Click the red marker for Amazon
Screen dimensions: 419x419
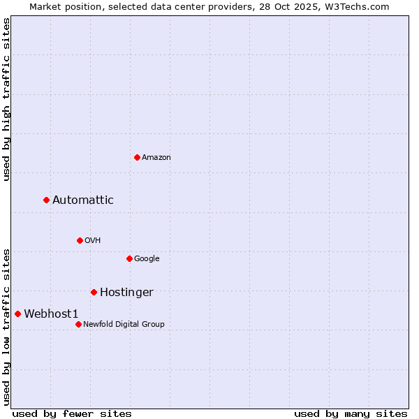pyautogui.click(x=137, y=157)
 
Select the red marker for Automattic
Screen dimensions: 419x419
pyautogui.click(x=46, y=200)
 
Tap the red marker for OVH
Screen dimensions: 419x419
pyautogui.click(x=80, y=240)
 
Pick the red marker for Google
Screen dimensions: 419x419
pyautogui.click(x=129, y=258)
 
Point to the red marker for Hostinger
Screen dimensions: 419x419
pyautogui.click(x=94, y=292)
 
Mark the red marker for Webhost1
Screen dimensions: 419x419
pyautogui.click(x=17, y=314)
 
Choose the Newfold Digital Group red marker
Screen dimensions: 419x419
pyautogui.click(x=78, y=324)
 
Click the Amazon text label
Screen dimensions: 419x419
pyautogui.click(x=156, y=158)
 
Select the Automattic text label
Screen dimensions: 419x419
pyautogui.click(x=83, y=200)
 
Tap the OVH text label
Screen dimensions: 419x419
pyautogui.click(x=93, y=241)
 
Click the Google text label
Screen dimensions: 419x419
pyautogui.click(x=147, y=259)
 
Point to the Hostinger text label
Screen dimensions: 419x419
pyautogui.click(x=126, y=293)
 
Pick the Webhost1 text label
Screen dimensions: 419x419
pyautogui.click(x=51, y=314)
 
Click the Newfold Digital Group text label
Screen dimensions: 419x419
pyautogui.click(x=124, y=325)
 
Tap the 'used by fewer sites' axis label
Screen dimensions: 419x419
pyautogui.click(x=72, y=413)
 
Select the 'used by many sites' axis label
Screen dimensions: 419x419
pyautogui.click(x=351, y=413)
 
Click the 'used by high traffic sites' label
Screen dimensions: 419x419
pyautogui.click(x=7, y=99)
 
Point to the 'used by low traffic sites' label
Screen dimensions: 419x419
pyautogui.click(x=7, y=327)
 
